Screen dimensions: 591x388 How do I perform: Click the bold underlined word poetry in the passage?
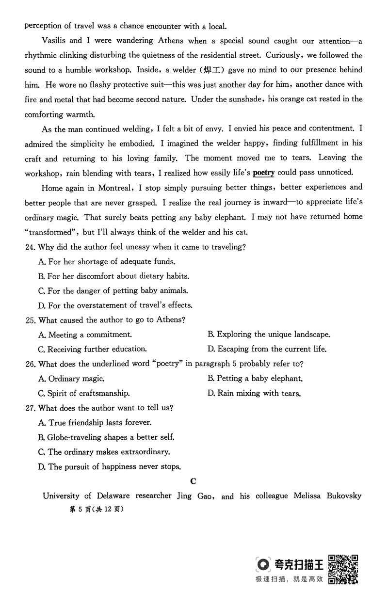[x=263, y=173]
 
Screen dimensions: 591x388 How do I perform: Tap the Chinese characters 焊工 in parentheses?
[x=211, y=70]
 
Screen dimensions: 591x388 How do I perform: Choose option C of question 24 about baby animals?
[x=113, y=290]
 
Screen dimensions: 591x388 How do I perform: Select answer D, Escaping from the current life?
[x=267, y=349]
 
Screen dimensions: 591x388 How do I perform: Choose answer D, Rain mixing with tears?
[x=254, y=393]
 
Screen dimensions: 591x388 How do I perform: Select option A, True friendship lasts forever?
[x=95, y=423]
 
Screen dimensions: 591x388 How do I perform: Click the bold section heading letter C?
[x=193, y=481]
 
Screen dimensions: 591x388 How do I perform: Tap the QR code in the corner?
[x=343, y=569]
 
